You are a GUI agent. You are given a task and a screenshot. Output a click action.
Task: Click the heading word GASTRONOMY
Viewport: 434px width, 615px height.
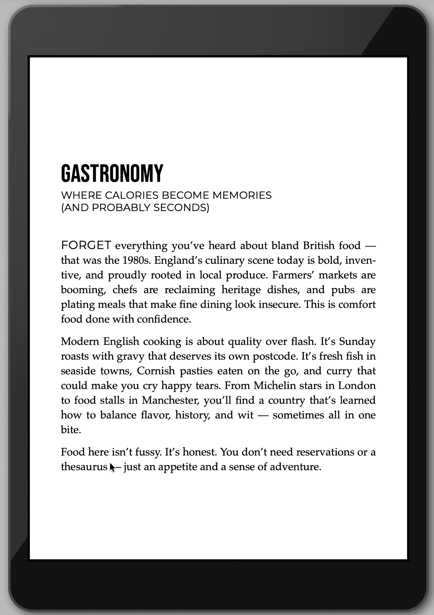(x=112, y=173)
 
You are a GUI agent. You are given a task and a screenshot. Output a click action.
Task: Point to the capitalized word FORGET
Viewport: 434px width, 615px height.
(x=86, y=245)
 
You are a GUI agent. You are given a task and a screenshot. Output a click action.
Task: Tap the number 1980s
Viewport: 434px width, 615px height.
(x=136, y=260)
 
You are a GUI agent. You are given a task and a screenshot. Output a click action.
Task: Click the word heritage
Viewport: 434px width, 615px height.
(x=241, y=290)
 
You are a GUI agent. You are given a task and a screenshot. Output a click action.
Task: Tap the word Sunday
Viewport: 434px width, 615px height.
(x=357, y=342)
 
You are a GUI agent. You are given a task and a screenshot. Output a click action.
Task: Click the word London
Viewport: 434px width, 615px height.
(x=357, y=385)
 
